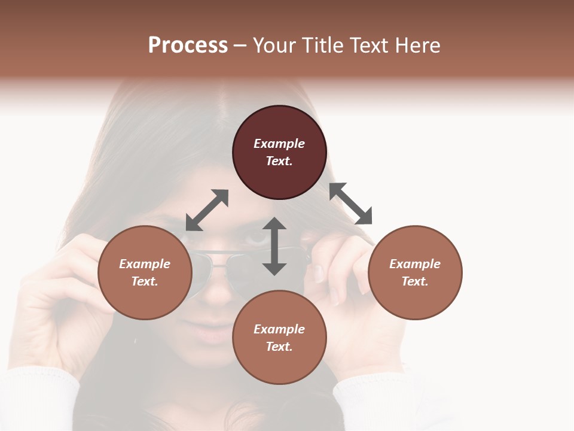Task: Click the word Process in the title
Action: [x=188, y=45]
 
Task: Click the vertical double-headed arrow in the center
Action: [x=274, y=246]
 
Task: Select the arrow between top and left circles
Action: [x=207, y=210]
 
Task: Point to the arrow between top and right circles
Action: [x=351, y=204]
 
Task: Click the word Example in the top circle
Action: [x=279, y=144]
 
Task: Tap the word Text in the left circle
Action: [x=144, y=281]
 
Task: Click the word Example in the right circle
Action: [x=415, y=264]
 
